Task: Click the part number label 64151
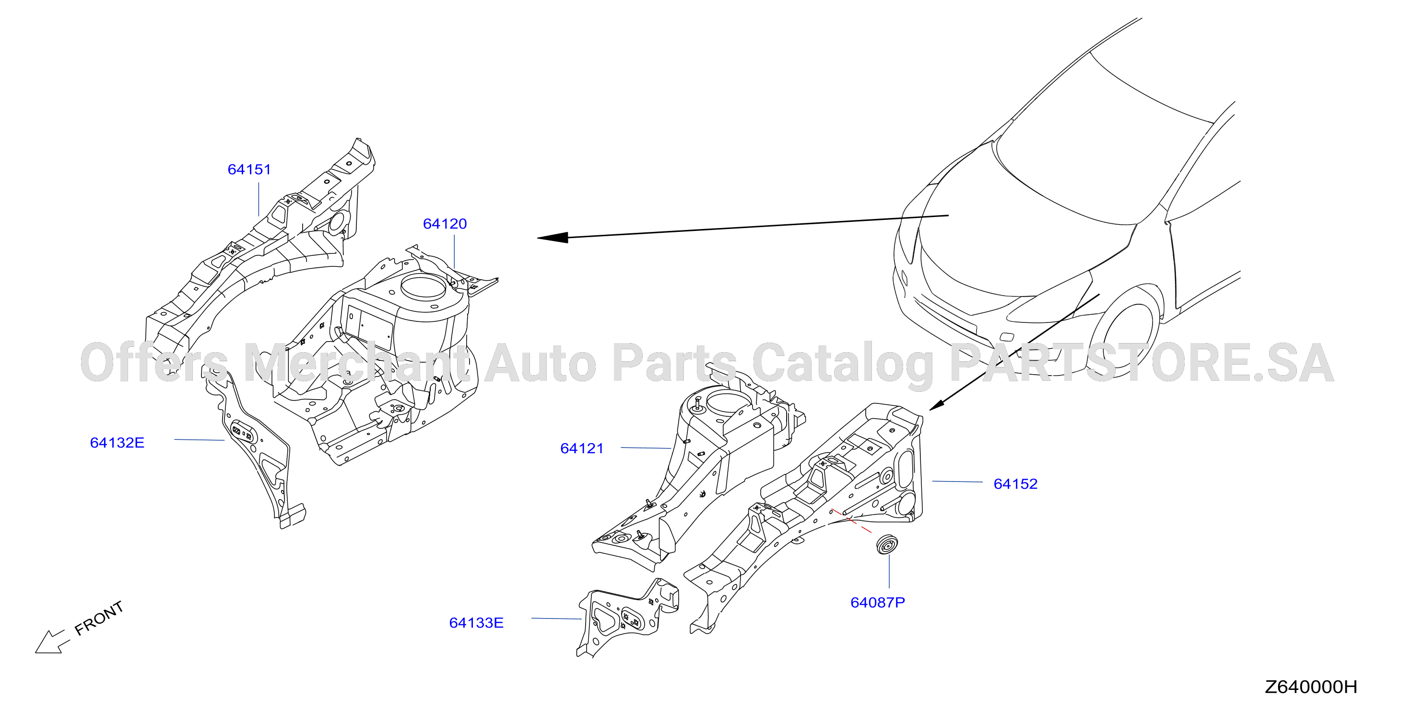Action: (x=249, y=169)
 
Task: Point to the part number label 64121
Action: (x=582, y=448)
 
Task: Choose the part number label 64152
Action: (x=1016, y=484)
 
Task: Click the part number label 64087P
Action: (x=878, y=603)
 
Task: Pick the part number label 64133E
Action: (x=476, y=623)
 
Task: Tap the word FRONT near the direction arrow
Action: (x=99, y=619)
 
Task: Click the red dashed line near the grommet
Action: (x=851, y=521)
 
